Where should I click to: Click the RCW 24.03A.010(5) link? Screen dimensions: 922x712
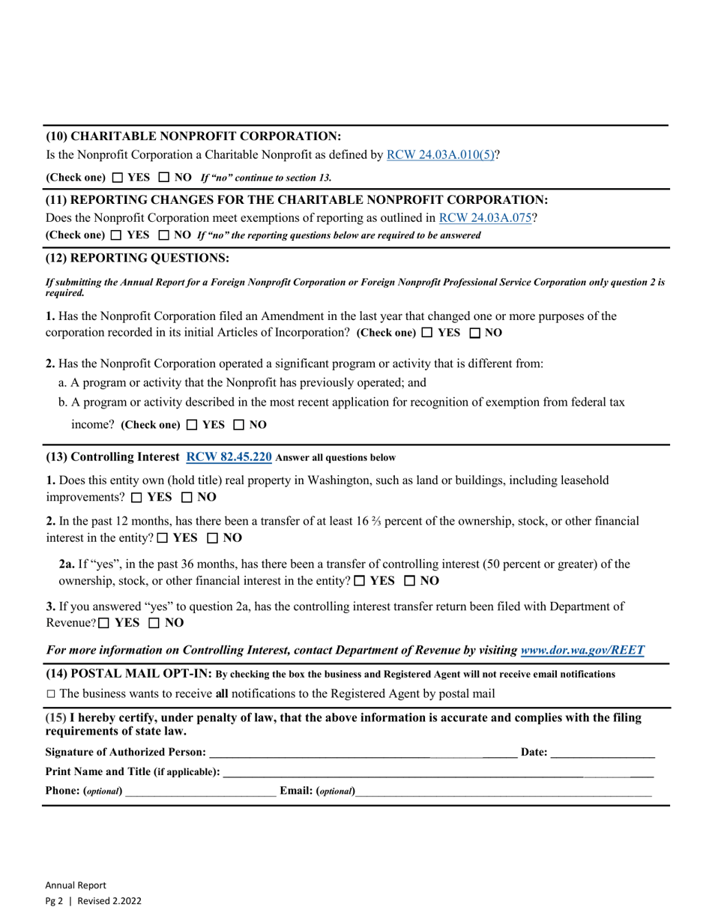(440, 155)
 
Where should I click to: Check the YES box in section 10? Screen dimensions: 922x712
(118, 178)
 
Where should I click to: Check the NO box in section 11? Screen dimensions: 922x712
(163, 235)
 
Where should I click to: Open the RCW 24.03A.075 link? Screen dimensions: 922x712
(485, 218)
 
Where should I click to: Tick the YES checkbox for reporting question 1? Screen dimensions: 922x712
(427, 332)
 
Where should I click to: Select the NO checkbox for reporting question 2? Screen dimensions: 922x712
(239, 425)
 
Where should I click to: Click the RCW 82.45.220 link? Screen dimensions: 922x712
(229, 457)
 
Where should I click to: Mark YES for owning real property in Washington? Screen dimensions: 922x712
(136, 497)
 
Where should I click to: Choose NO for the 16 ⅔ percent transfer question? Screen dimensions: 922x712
(213, 538)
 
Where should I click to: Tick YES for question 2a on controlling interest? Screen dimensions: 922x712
(360, 581)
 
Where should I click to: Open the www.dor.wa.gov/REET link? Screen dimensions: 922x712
(582, 651)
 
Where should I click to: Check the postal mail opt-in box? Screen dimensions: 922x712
(50, 693)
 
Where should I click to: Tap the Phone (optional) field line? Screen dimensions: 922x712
(200, 791)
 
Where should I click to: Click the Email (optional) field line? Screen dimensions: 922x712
(504, 791)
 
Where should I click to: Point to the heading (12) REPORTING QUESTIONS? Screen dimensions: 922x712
(138, 259)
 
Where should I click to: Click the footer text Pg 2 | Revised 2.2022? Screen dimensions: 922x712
(93, 901)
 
